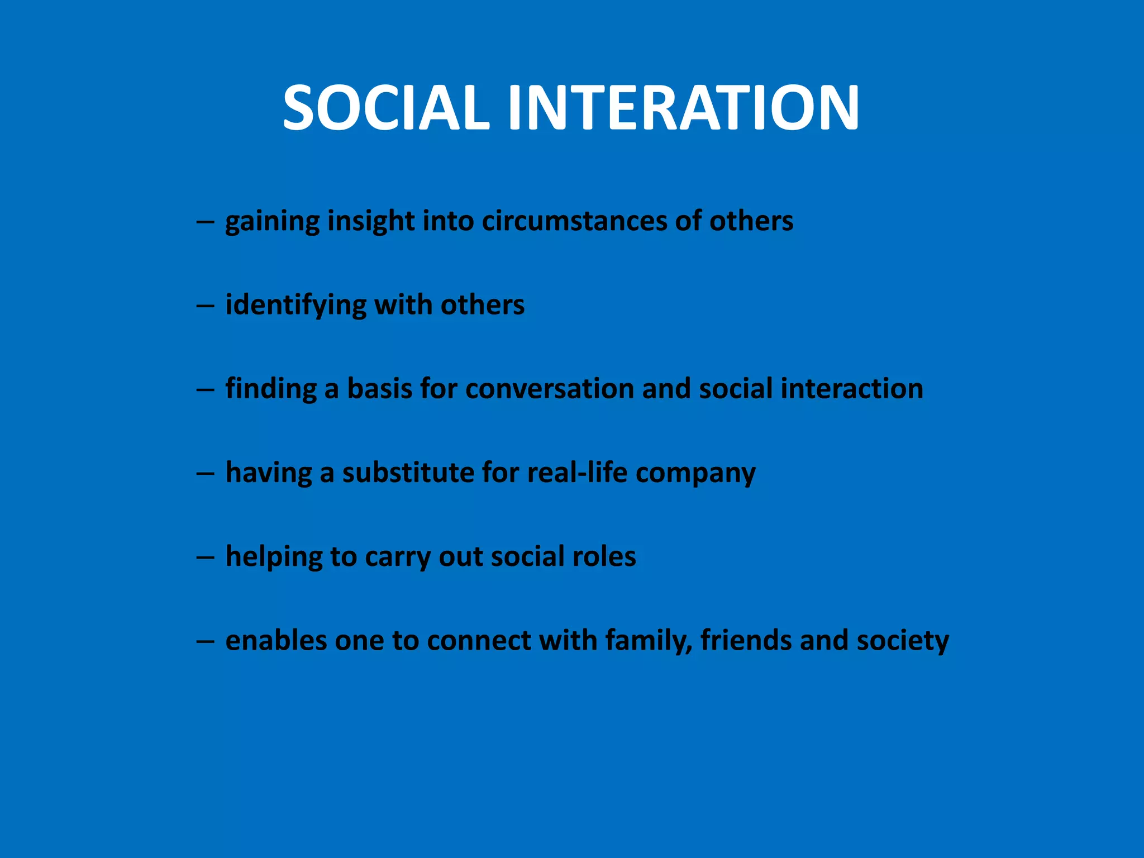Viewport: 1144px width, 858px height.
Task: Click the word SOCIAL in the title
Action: [386, 107]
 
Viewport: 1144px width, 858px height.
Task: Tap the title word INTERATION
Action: [683, 107]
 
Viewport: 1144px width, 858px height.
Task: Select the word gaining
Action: [272, 222]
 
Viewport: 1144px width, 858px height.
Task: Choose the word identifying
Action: [295, 306]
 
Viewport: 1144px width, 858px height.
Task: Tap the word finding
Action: [271, 389]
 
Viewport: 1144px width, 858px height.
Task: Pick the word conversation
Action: [549, 389]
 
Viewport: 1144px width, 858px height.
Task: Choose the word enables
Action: [276, 640]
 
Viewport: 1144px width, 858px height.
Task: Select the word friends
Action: [746, 640]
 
